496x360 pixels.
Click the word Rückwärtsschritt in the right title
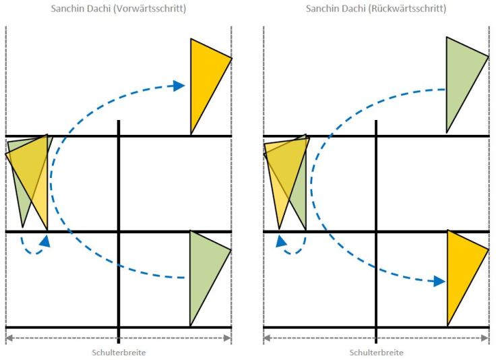[408, 9]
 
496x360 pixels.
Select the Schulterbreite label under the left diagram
[119, 353]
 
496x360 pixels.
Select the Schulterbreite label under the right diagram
[377, 353]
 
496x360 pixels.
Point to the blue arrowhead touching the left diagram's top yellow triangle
[179, 86]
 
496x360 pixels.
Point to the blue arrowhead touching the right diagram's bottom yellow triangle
[439, 281]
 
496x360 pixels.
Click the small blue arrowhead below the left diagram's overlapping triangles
[45, 241]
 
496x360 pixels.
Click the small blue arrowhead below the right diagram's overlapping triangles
[281, 242]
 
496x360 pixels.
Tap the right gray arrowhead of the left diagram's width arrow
[227, 338]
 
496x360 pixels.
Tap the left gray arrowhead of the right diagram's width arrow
[268, 338]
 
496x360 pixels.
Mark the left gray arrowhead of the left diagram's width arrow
[10, 338]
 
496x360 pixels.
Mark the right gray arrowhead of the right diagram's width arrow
[485, 338]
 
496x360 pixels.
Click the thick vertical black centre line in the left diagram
[119, 231]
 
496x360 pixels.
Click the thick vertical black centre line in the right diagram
[376, 231]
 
